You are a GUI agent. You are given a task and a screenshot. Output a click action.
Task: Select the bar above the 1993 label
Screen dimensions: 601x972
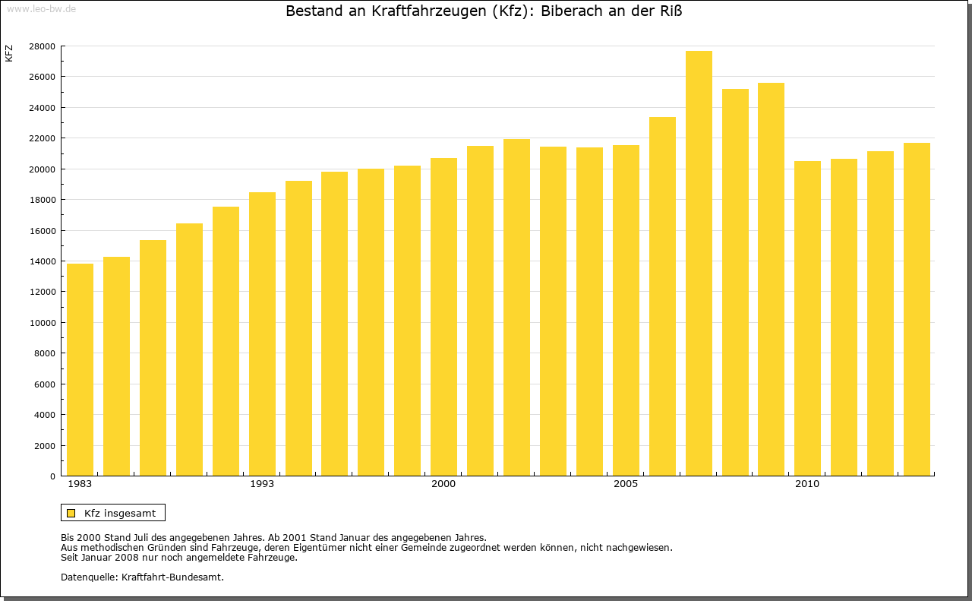tap(262, 334)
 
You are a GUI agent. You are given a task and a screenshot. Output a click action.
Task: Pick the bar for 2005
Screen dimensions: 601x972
tap(626, 311)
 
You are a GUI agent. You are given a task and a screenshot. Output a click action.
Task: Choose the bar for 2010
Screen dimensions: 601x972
tap(807, 318)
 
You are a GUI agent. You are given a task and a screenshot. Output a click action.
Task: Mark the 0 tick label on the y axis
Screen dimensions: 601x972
tap(52, 476)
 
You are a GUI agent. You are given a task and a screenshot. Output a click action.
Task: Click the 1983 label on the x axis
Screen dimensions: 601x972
tap(80, 484)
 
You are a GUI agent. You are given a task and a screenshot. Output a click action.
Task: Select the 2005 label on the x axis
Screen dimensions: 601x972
tap(626, 484)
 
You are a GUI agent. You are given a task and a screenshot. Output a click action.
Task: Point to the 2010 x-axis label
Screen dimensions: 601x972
tap(807, 484)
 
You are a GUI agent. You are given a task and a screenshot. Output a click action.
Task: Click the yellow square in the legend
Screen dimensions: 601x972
tap(71, 513)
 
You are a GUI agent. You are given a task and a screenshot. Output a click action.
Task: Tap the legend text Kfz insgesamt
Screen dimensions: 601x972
tap(120, 513)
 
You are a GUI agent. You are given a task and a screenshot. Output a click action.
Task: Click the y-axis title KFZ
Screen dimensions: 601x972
tap(9, 54)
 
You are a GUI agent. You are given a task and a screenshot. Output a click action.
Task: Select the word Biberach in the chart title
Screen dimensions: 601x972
tap(573, 11)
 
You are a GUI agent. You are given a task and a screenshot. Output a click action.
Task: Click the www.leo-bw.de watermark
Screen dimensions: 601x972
tap(41, 8)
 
